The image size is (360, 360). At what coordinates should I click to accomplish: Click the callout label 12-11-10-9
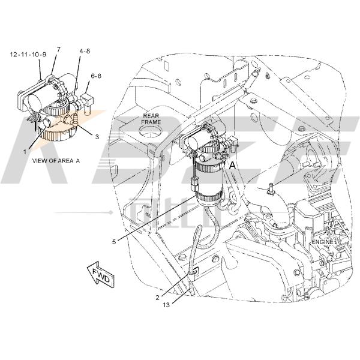pos(28,54)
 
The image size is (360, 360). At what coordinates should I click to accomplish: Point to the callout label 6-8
pos(95,76)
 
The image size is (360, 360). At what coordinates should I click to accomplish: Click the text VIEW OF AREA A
pos(56,160)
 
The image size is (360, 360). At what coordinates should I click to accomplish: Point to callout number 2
pos(157,298)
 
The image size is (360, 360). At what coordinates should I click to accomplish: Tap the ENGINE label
pos(322,241)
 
